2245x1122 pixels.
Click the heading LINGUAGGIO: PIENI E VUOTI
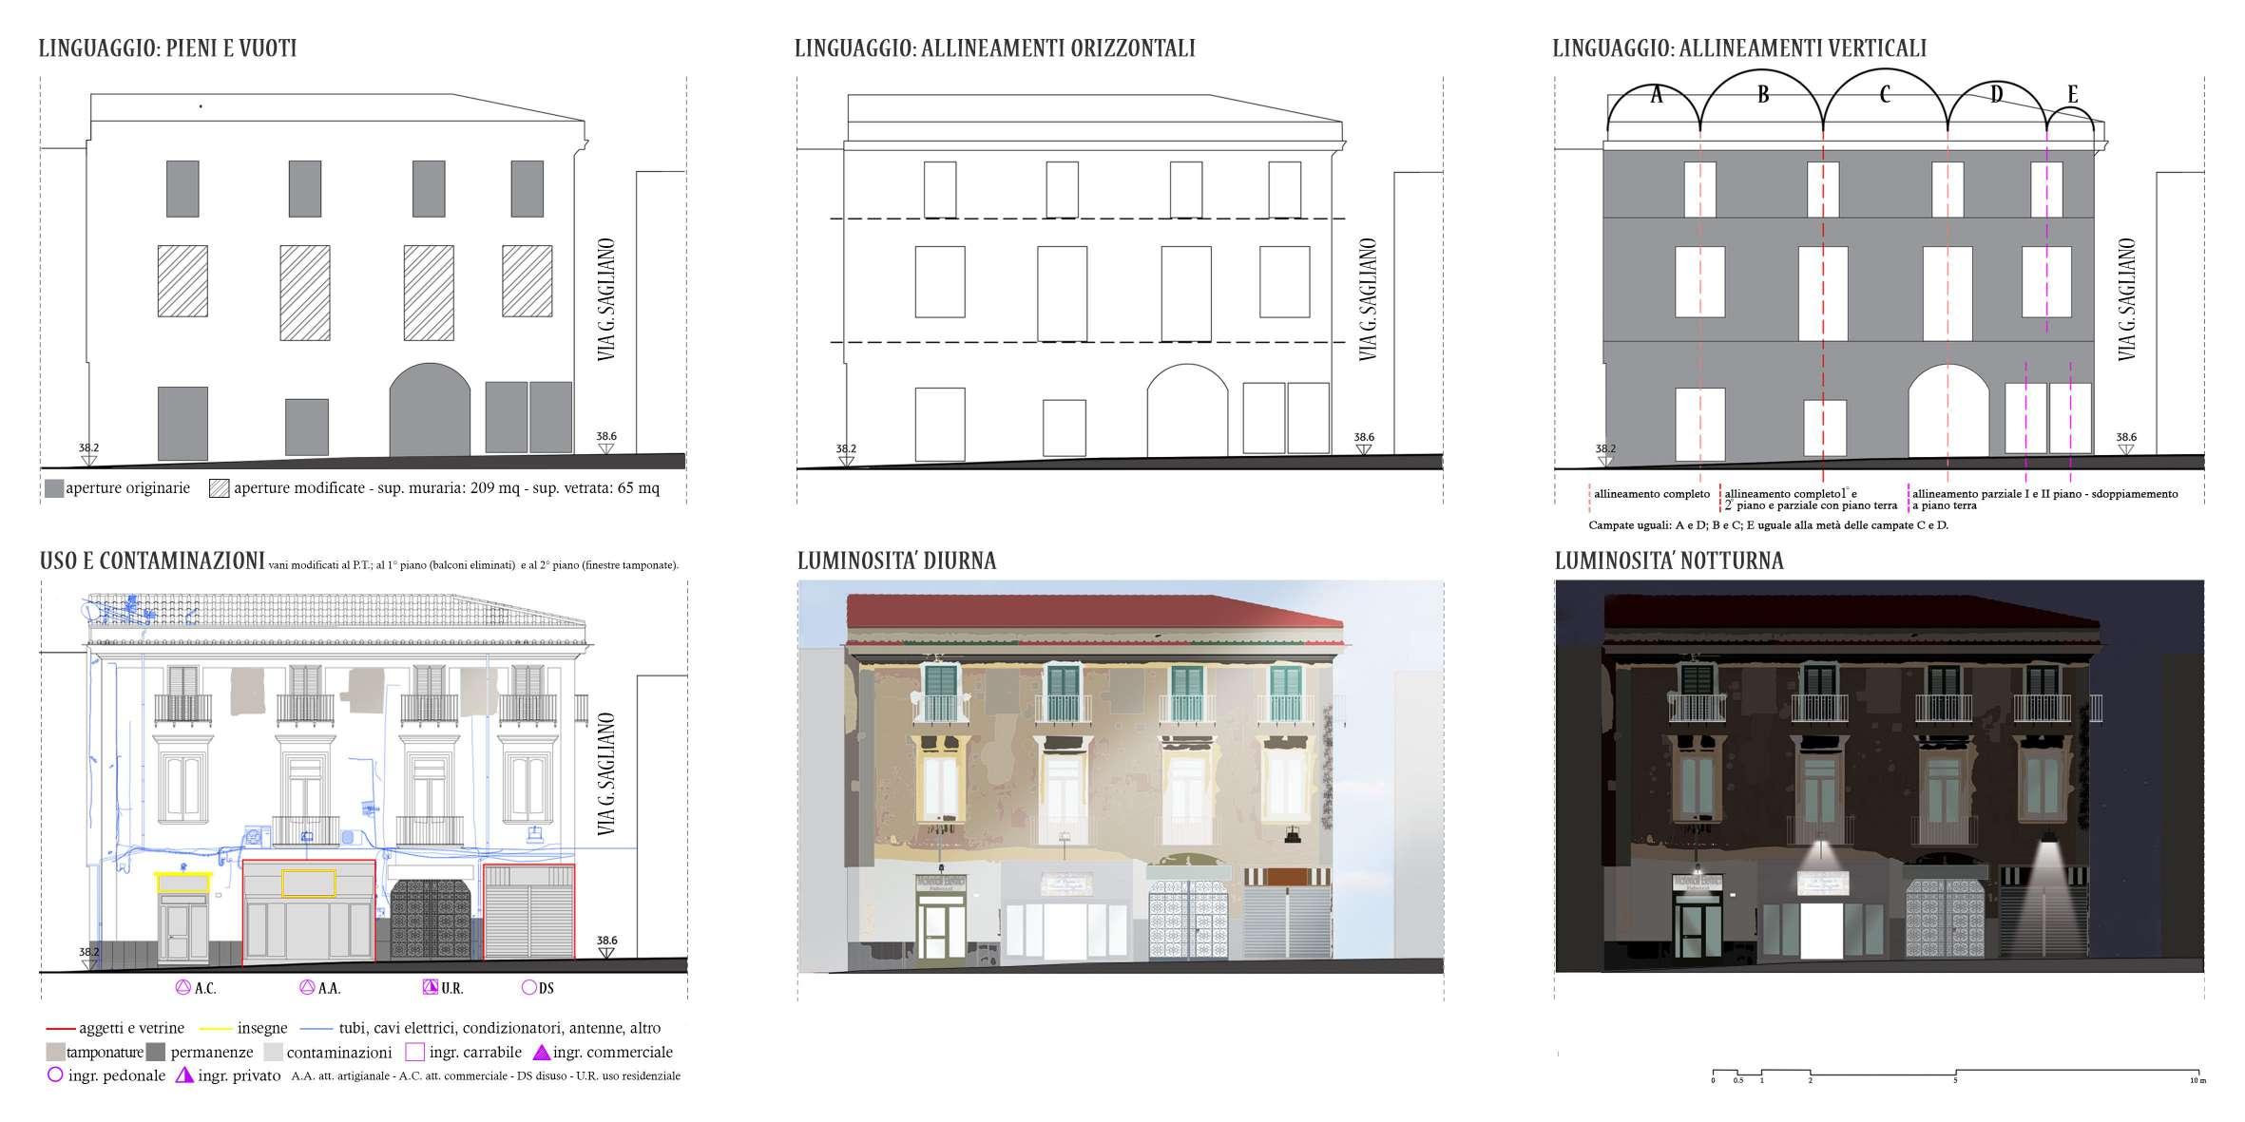[x=167, y=48]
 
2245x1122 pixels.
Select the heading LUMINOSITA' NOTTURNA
[x=1669, y=561]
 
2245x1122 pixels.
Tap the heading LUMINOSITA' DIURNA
[x=896, y=561]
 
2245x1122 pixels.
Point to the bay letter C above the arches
[x=1884, y=95]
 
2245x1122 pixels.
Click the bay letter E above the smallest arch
[x=2073, y=95]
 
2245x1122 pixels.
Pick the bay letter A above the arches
[x=1656, y=95]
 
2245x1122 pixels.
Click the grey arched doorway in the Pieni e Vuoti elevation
[x=430, y=409]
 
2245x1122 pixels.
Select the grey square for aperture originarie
[x=53, y=488]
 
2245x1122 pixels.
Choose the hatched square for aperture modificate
[x=220, y=488]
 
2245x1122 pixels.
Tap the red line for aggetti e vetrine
[x=60, y=1028]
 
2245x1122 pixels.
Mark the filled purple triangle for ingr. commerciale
[x=541, y=1053]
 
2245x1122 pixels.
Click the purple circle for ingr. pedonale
[x=55, y=1075]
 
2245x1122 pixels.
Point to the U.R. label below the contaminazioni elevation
[x=451, y=988]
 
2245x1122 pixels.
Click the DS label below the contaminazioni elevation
[x=546, y=988]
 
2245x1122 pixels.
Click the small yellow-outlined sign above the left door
[x=182, y=884]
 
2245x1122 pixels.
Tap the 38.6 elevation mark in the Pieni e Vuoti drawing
[x=605, y=437]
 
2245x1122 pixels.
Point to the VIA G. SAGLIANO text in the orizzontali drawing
[x=1368, y=298]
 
